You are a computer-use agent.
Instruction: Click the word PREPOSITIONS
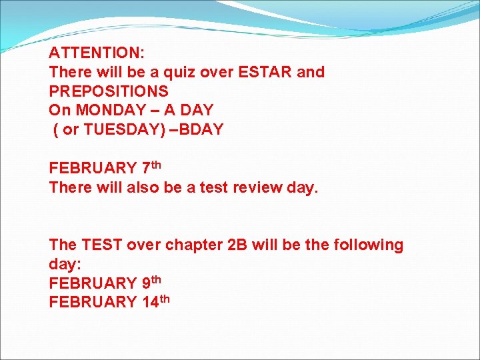coord(109,91)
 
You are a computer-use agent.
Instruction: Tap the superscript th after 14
coord(164,298)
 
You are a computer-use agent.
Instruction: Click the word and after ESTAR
coord(310,72)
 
